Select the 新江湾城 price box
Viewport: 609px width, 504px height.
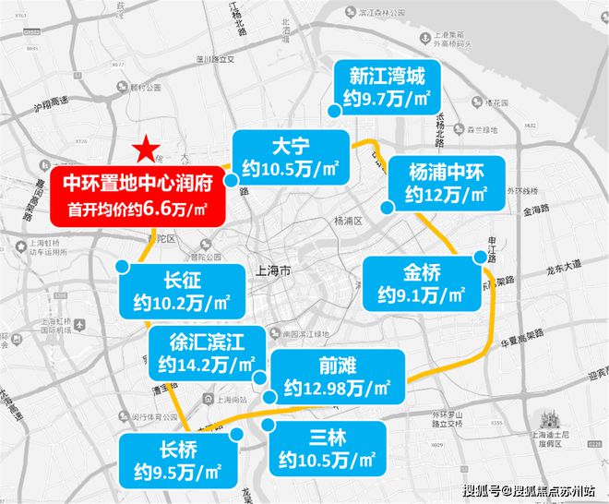[x=388, y=88]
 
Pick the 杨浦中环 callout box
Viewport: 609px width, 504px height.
[x=446, y=182]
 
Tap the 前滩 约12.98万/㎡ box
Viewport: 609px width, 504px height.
[x=337, y=375]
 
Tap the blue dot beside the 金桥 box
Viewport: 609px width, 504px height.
[x=478, y=258]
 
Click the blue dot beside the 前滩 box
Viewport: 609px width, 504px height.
[x=269, y=395]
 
